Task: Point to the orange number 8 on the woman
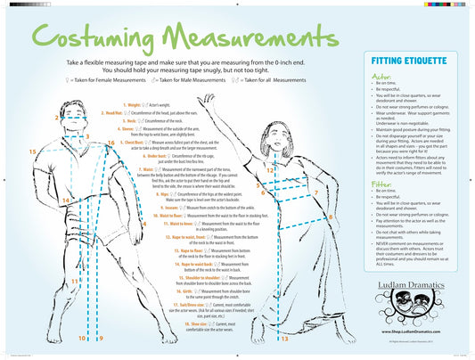click(x=331, y=217)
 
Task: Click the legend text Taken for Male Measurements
click(x=190, y=80)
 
